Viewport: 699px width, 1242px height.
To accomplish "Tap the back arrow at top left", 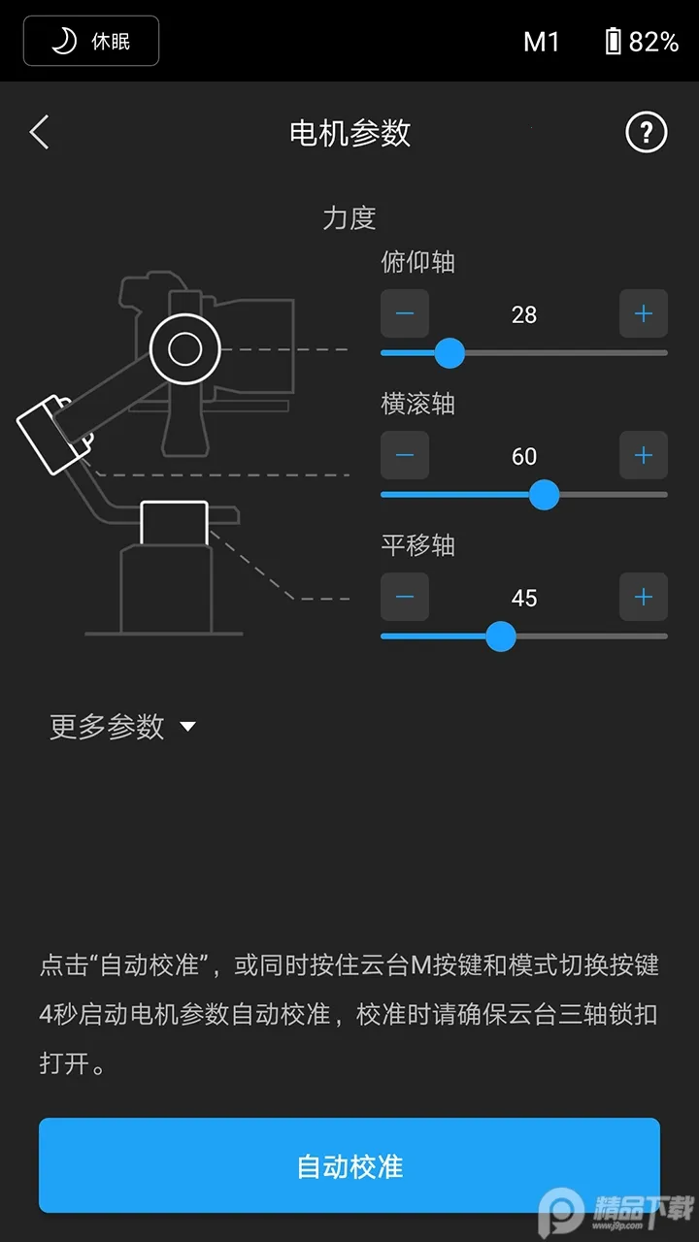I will tap(39, 132).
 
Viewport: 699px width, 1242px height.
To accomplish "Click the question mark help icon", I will tap(646, 132).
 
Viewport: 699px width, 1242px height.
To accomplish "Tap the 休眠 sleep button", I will tap(91, 41).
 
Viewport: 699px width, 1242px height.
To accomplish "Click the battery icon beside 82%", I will tap(613, 41).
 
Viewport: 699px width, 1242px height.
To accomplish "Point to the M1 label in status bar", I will tap(542, 41).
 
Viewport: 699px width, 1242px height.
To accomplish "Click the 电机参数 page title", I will tap(349, 133).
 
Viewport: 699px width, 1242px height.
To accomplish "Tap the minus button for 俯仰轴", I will tap(405, 313).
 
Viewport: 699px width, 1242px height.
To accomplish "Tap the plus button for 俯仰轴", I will tap(643, 313).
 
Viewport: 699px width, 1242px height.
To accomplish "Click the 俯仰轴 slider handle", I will tap(449, 353).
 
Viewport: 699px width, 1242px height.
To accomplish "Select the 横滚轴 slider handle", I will tap(545, 495).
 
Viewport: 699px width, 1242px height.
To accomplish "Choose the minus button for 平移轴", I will tap(405, 597).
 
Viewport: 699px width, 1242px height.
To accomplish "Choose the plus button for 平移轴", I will tap(643, 597).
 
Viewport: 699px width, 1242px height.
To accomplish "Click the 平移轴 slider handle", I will tap(501, 637).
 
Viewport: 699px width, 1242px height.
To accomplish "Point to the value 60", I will tap(524, 456).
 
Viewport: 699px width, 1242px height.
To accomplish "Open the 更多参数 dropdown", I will tap(122, 727).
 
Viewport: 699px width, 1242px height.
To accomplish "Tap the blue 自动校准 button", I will tap(349, 1165).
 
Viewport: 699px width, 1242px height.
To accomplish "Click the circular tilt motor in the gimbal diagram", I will tap(184, 349).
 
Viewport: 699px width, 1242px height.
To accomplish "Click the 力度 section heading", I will tap(349, 217).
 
